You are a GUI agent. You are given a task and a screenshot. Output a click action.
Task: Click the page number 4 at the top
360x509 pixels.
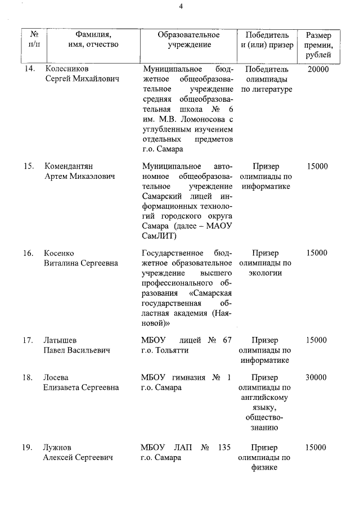[x=181, y=6]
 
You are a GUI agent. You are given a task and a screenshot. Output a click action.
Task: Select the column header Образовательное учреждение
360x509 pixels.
[x=188, y=39]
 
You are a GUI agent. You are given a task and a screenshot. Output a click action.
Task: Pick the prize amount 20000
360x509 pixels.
[x=318, y=69]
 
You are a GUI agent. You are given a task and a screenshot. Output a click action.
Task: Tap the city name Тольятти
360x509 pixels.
[x=171, y=350]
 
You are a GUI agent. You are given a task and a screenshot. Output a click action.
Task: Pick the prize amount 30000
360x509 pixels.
[x=316, y=377]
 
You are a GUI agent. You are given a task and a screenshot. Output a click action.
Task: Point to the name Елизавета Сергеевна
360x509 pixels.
[x=82, y=388]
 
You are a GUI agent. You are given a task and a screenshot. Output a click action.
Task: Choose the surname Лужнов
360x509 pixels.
[x=59, y=448]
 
